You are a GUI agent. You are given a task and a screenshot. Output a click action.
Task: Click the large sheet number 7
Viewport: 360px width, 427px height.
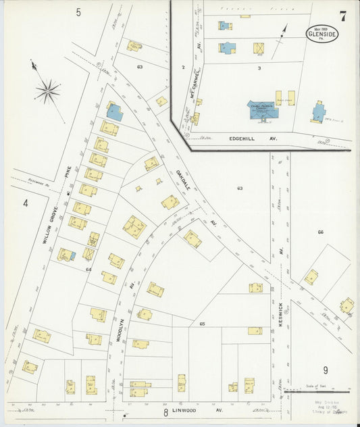point(344,16)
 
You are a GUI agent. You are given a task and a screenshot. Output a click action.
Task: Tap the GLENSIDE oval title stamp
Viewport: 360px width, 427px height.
point(323,33)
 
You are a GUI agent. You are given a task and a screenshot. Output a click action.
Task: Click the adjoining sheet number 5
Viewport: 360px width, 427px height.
point(78,12)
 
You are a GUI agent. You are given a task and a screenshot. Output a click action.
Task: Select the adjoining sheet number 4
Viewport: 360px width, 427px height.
point(25,203)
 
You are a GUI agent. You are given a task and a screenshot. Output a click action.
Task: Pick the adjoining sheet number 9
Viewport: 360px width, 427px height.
point(325,370)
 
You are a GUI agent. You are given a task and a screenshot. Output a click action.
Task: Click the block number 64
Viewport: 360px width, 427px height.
point(88,269)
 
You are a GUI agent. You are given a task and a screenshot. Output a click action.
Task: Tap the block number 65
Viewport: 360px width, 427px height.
point(202,324)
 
